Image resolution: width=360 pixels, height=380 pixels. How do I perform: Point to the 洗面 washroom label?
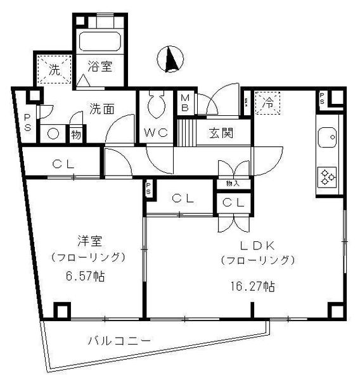[101, 108]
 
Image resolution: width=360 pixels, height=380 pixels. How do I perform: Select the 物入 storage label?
[233, 184]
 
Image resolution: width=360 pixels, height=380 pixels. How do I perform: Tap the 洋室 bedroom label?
[87, 241]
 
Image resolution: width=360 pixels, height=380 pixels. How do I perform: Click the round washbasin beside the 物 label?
[53, 134]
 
